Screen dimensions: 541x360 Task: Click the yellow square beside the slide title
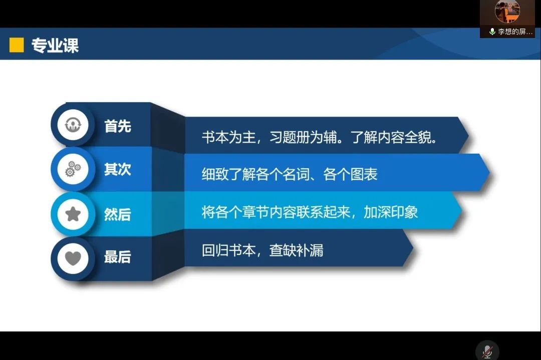(x=17, y=45)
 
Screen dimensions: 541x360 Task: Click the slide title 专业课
(x=55, y=45)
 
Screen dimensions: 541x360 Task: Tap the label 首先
(x=118, y=126)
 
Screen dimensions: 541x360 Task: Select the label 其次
(x=118, y=169)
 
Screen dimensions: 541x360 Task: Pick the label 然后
(x=118, y=214)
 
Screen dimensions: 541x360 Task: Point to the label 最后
(x=118, y=257)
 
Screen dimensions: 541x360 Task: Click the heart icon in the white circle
(x=73, y=258)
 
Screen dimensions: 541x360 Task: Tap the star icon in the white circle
(x=73, y=214)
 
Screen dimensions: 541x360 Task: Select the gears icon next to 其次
(x=73, y=169)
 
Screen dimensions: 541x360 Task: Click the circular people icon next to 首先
(x=73, y=125)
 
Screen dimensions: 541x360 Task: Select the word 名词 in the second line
(x=296, y=174)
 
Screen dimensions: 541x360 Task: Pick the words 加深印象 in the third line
(x=391, y=212)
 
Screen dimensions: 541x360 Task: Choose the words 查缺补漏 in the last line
(x=297, y=250)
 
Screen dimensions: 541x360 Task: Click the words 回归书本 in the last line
(x=229, y=250)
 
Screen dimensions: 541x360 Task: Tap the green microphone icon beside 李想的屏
(x=492, y=32)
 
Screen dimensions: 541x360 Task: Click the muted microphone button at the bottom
(x=487, y=351)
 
